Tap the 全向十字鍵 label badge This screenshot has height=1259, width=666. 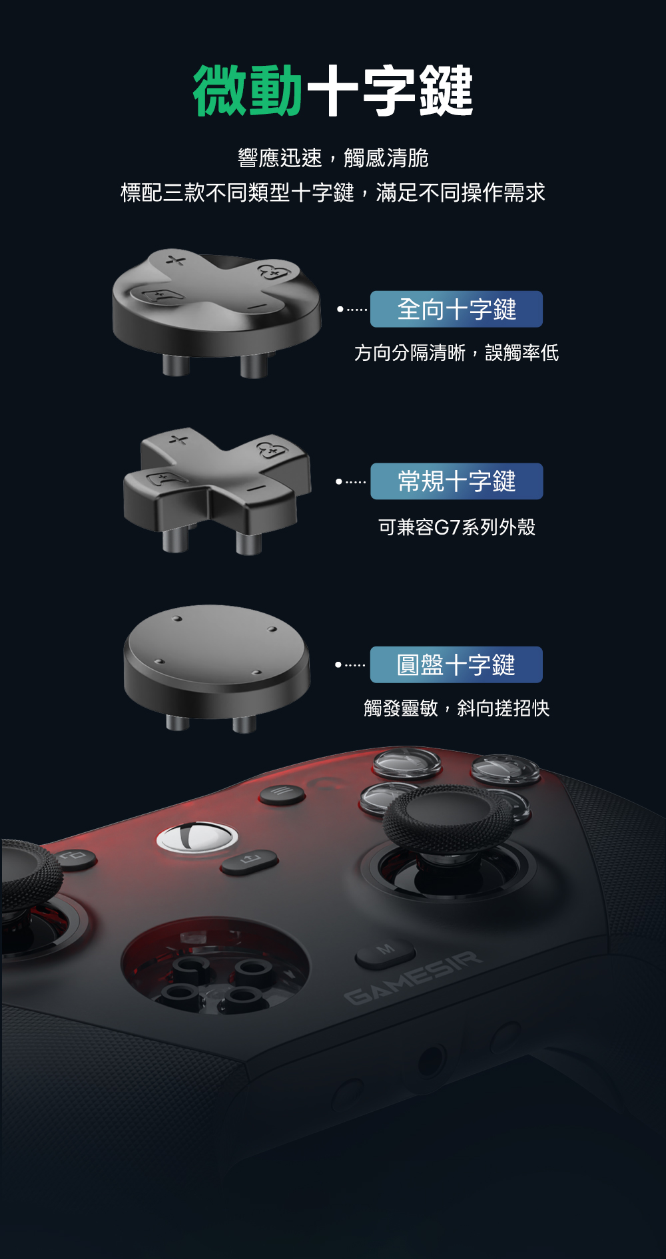click(x=456, y=309)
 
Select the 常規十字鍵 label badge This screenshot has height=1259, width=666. click(x=456, y=481)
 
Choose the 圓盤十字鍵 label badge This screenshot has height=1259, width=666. click(x=456, y=664)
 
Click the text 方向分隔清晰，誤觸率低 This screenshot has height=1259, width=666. click(x=456, y=353)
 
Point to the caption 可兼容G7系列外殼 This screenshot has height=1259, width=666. click(x=457, y=527)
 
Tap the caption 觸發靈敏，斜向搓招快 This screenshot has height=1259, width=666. click(x=457, y=708)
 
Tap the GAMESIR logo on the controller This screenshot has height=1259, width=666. click(x=413, y=977)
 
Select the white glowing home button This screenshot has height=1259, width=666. click(x=197, y=837)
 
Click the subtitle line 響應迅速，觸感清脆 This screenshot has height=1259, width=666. click(x=333, y=158)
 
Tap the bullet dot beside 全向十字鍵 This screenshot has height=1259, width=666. click(x=340, y=309)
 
